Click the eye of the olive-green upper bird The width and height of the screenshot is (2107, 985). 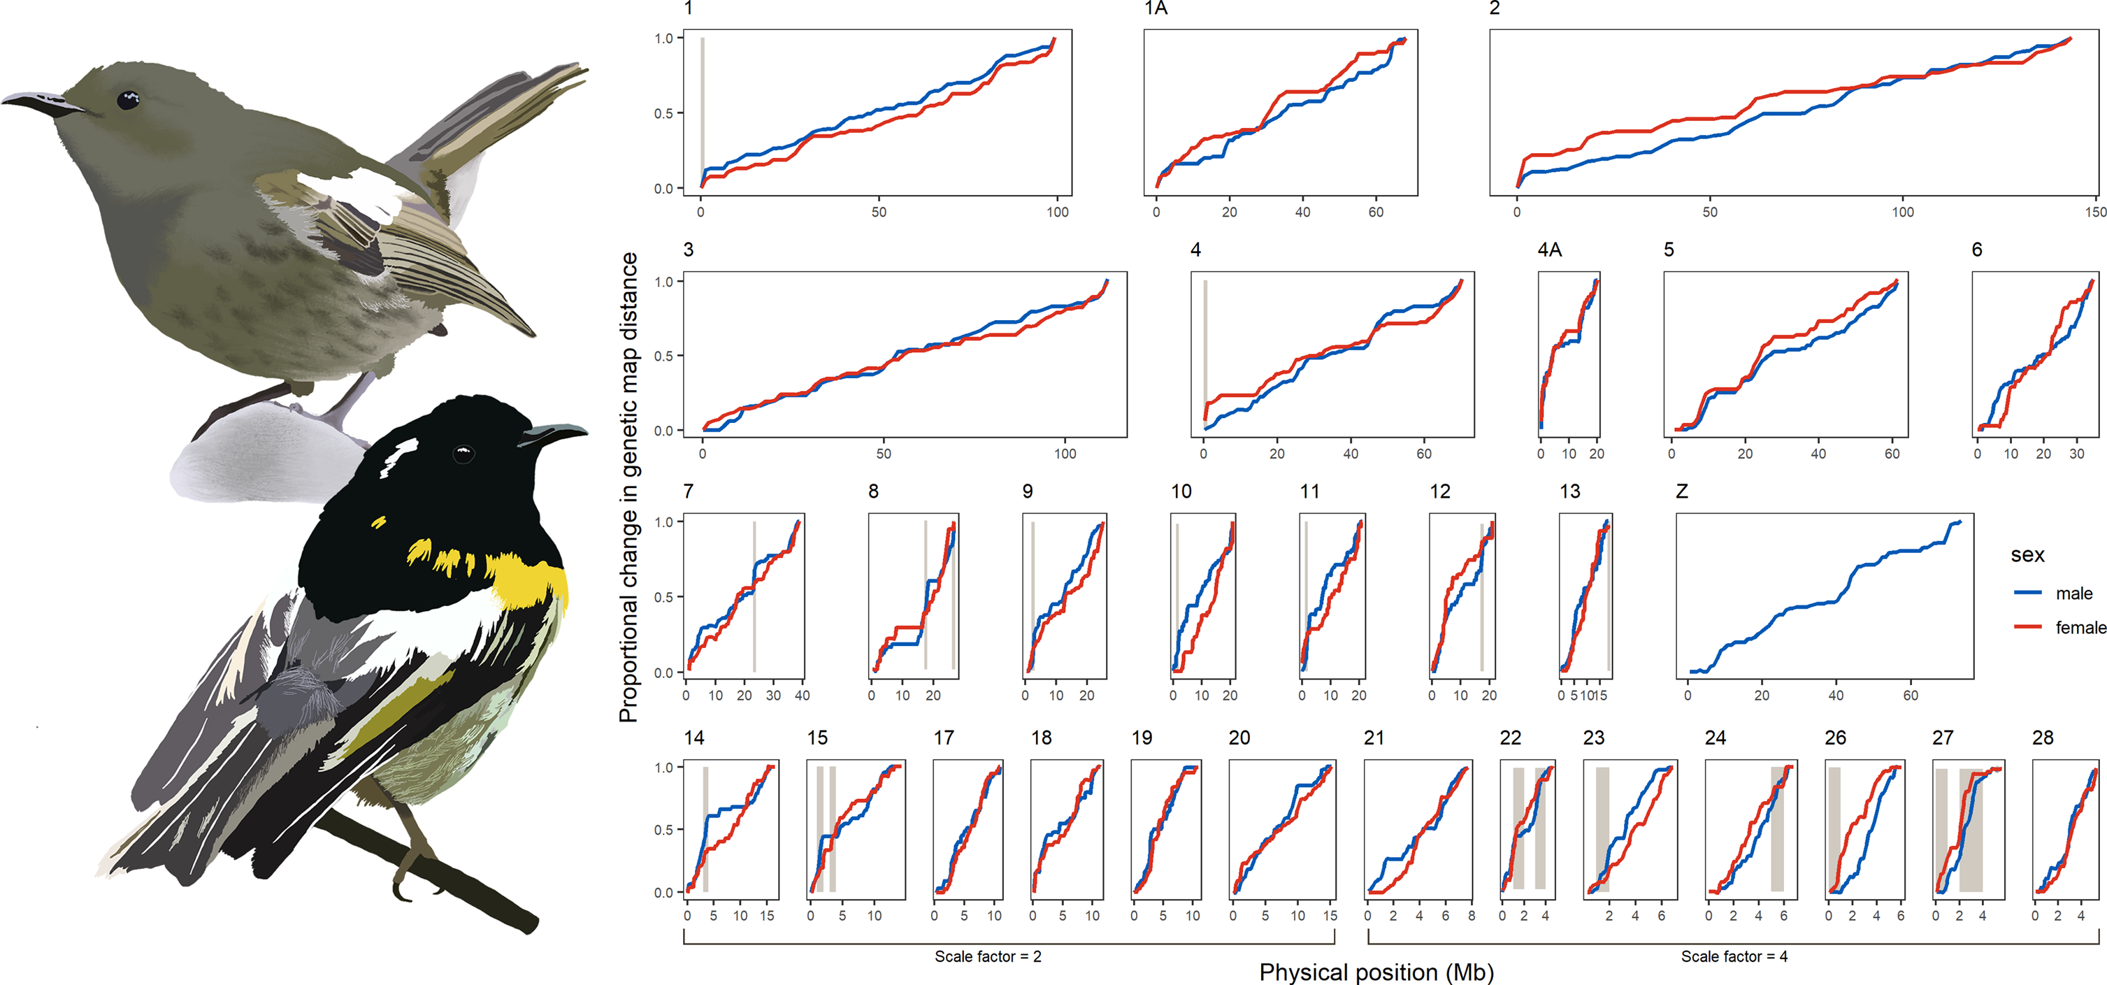[128, 101]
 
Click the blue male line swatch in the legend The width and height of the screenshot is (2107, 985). [2028, 592]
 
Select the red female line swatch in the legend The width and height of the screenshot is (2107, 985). [2028, 626]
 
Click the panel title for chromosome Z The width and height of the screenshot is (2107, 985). [1682, 491]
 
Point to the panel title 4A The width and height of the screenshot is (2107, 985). [1549, 250]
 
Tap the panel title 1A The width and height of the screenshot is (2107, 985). [1155, 8]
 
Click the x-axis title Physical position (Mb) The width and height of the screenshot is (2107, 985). [1376, 972]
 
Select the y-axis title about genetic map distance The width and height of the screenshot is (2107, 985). [628, 487]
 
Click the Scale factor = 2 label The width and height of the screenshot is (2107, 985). [988, 956]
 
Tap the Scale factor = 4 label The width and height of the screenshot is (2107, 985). [1734, 956]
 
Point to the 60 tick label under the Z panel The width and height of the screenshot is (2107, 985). [1910, 696]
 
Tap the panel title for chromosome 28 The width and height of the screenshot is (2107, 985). [2043, 738]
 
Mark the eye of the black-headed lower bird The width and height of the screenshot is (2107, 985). [463, 452]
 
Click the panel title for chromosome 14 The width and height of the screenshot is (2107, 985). [693, 738]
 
